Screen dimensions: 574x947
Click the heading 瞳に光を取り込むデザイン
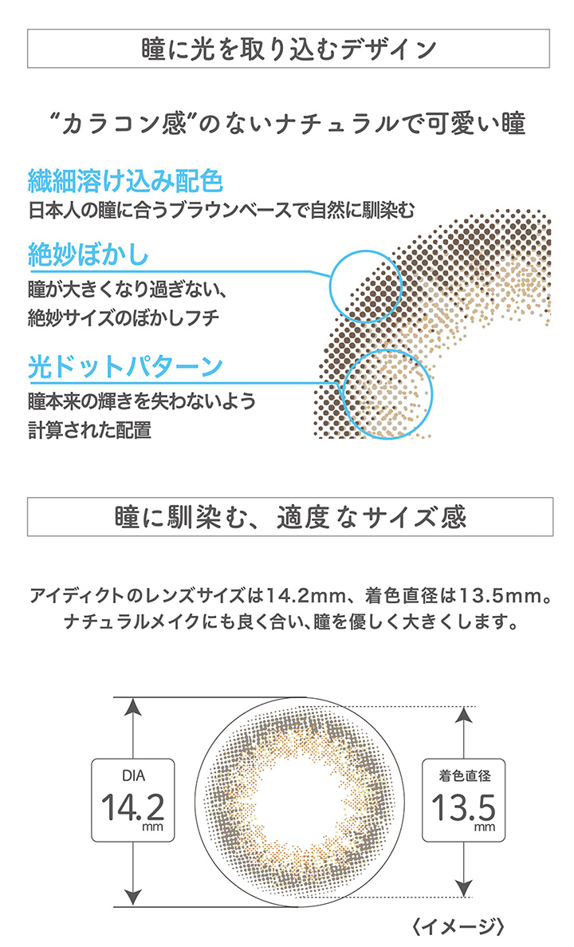pyautogui.click(x=288, y=49)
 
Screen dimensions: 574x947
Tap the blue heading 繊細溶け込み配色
pyautogui.click(x=125, y=180)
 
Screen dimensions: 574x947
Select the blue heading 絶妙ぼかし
pyautogui.click(x=88, y=254)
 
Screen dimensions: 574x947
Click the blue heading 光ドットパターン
pyautogui.click(x=125, y=367)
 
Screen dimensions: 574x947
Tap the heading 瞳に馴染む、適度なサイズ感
pyautogui.click(x=290, y=518)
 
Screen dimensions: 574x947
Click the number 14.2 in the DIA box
pyautogui.click(x=132, y=807)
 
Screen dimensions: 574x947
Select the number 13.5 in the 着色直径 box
pyautogui.click(x=463, y=807)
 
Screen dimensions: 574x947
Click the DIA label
pyautogui.click(x=133, y=775)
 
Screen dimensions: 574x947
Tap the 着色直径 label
pyautogui.click(x=464, y=775)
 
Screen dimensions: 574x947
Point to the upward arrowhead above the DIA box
pyautogui.click(x=133, y=706)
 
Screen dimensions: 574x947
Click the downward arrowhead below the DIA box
pyautogui.click(x=133, y=897)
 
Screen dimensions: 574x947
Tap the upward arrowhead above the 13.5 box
pyautogui.click(x=463, y=715)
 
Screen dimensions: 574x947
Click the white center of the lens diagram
pyautogui.click(x=300, y=802)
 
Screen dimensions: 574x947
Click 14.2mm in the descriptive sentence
pyautogui.click(x=306, y=596)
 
